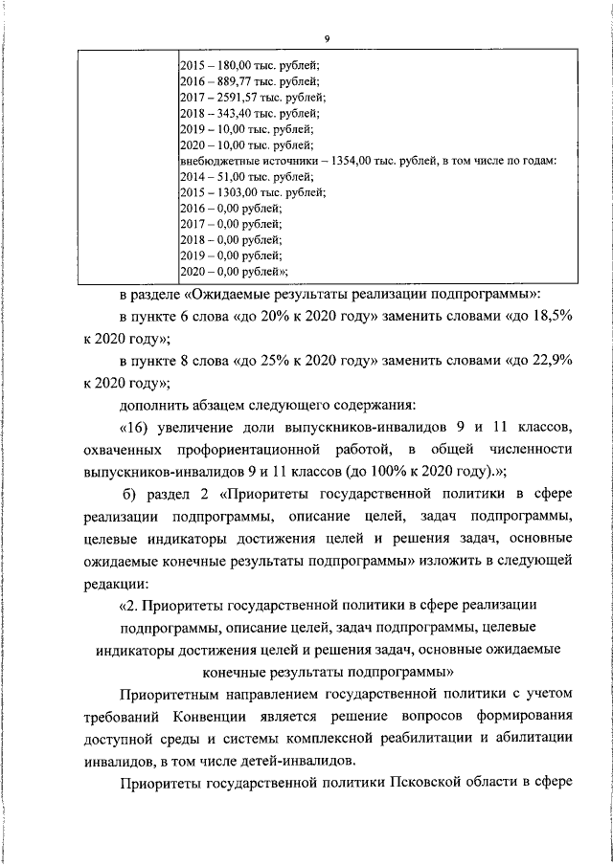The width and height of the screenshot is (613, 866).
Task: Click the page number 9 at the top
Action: coord(327,38)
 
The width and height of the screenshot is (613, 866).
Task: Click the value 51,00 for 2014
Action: coord(229,176)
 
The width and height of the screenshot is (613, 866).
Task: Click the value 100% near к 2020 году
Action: coord(409,471)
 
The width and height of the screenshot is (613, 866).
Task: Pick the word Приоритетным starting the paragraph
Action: coord(172,694)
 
